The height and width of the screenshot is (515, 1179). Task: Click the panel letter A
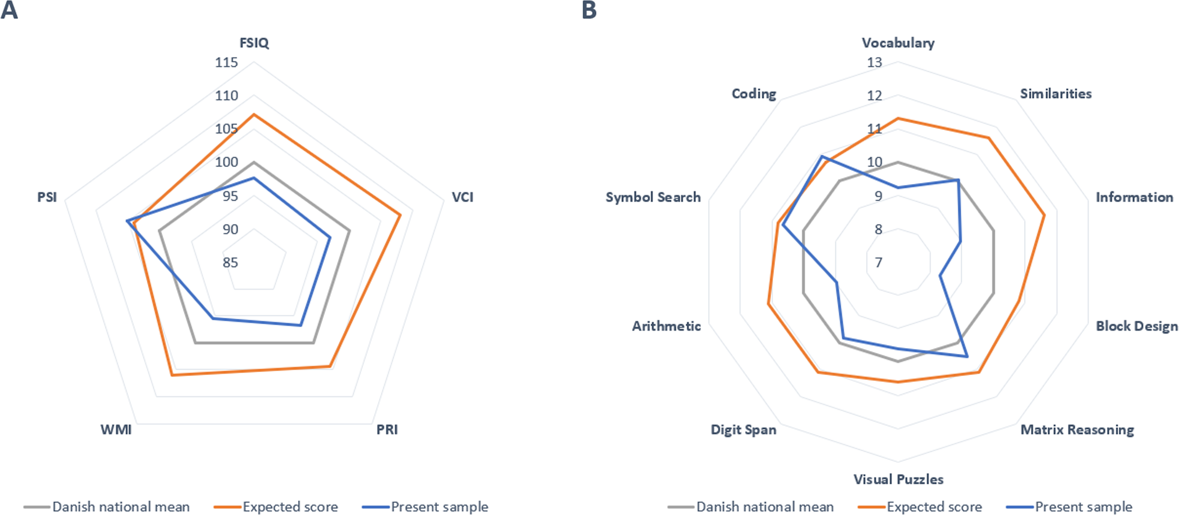point(9,10)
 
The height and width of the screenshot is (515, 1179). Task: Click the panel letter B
point(589,10)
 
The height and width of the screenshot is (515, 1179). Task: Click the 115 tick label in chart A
point(226,62)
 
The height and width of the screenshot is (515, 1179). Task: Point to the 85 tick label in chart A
point(230,262)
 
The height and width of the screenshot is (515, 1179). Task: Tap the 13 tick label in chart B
point(874,62)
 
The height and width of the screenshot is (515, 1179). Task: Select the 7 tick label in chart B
point(878,262)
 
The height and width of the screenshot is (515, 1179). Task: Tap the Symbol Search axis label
point(653,198)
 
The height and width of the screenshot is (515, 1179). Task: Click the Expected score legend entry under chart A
point(276,507)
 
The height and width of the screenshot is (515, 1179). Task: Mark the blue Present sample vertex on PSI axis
point(127,221)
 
